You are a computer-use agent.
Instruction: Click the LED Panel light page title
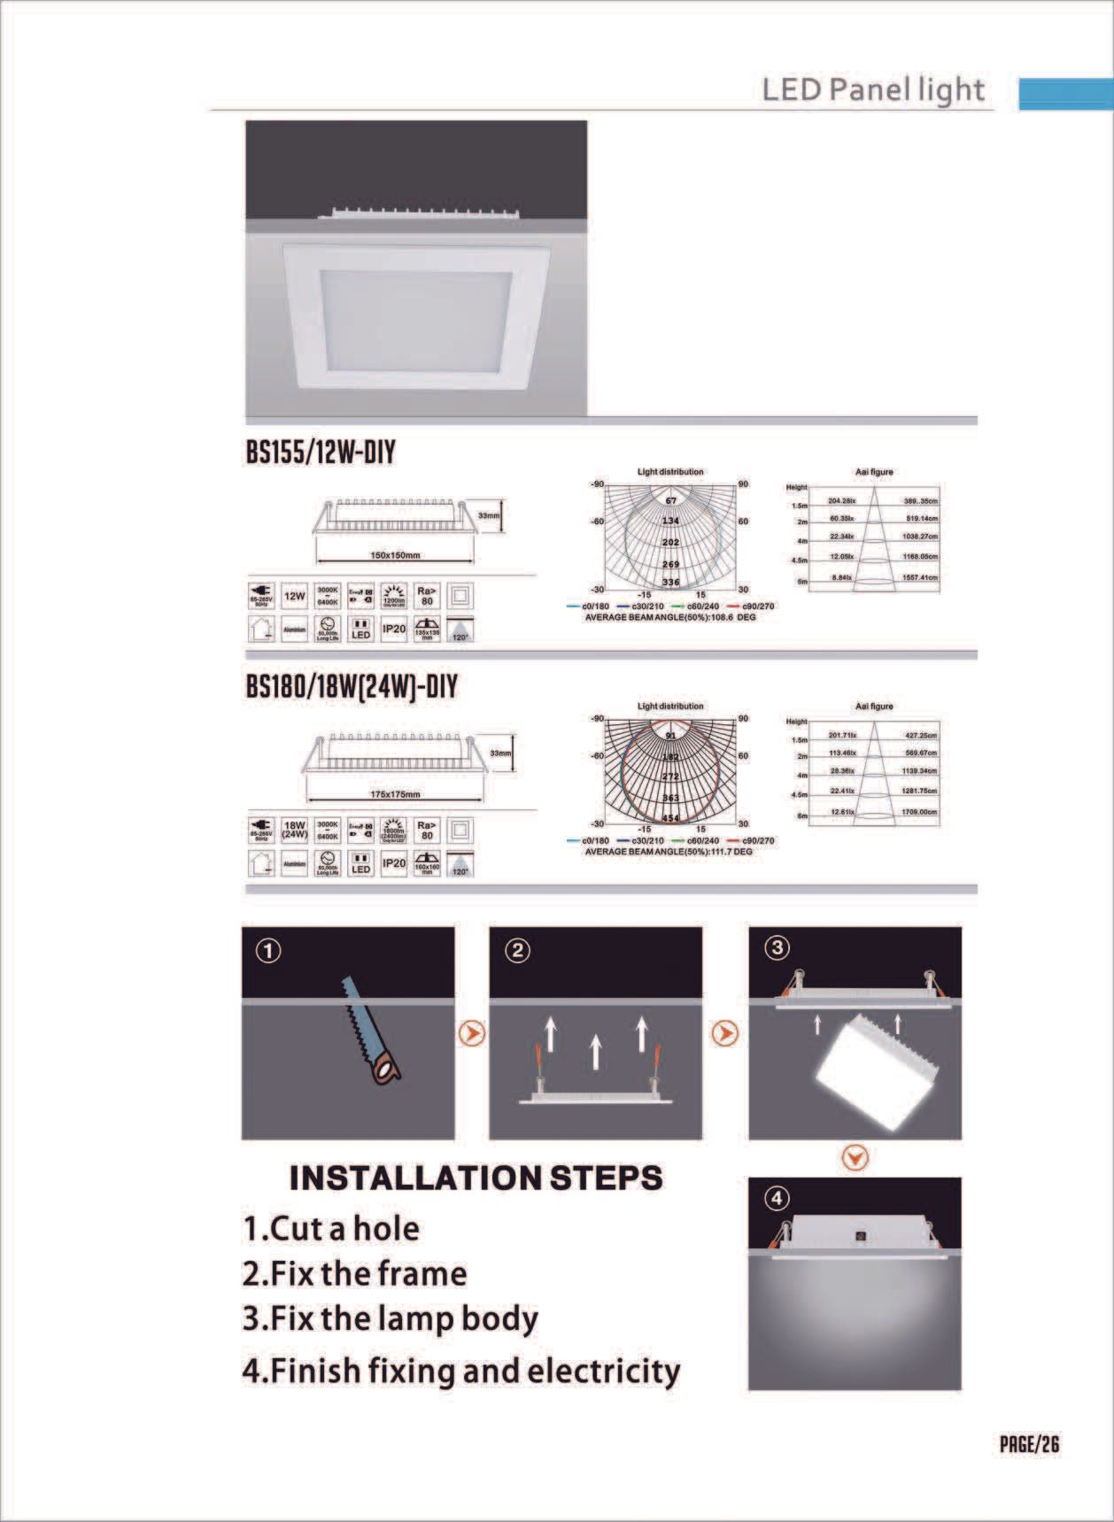873,90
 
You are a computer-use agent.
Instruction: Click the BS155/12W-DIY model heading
321,453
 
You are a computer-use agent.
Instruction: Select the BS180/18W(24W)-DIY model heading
352,687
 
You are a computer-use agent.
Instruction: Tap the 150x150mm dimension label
394,556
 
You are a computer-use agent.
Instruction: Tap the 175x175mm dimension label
394,794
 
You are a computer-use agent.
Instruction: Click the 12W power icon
295,596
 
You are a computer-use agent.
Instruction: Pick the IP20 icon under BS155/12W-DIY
394,629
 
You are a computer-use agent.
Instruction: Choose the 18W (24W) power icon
295,830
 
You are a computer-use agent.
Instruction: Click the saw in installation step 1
372,1031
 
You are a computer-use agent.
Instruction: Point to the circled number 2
517,951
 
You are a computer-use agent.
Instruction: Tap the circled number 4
777,1199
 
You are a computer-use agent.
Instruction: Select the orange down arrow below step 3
855,1157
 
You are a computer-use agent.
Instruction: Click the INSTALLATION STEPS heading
476,1178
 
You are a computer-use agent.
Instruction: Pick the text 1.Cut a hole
331,1229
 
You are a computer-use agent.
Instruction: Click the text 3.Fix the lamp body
390,1318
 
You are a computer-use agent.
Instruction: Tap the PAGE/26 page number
1029,1444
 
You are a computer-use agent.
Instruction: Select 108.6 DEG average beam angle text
670,617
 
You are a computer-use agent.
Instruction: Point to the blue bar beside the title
1065,93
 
